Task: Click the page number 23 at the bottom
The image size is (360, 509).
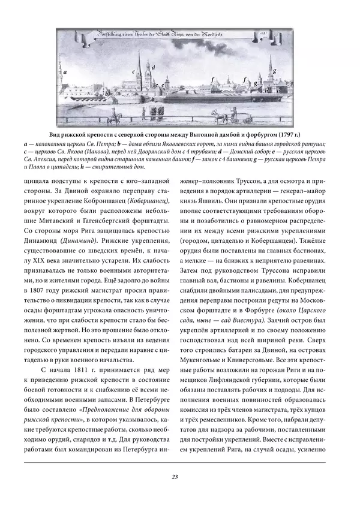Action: coord(174,477)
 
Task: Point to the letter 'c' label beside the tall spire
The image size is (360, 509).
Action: coord(133,71)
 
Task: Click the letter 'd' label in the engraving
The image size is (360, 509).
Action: coord(154,68)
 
